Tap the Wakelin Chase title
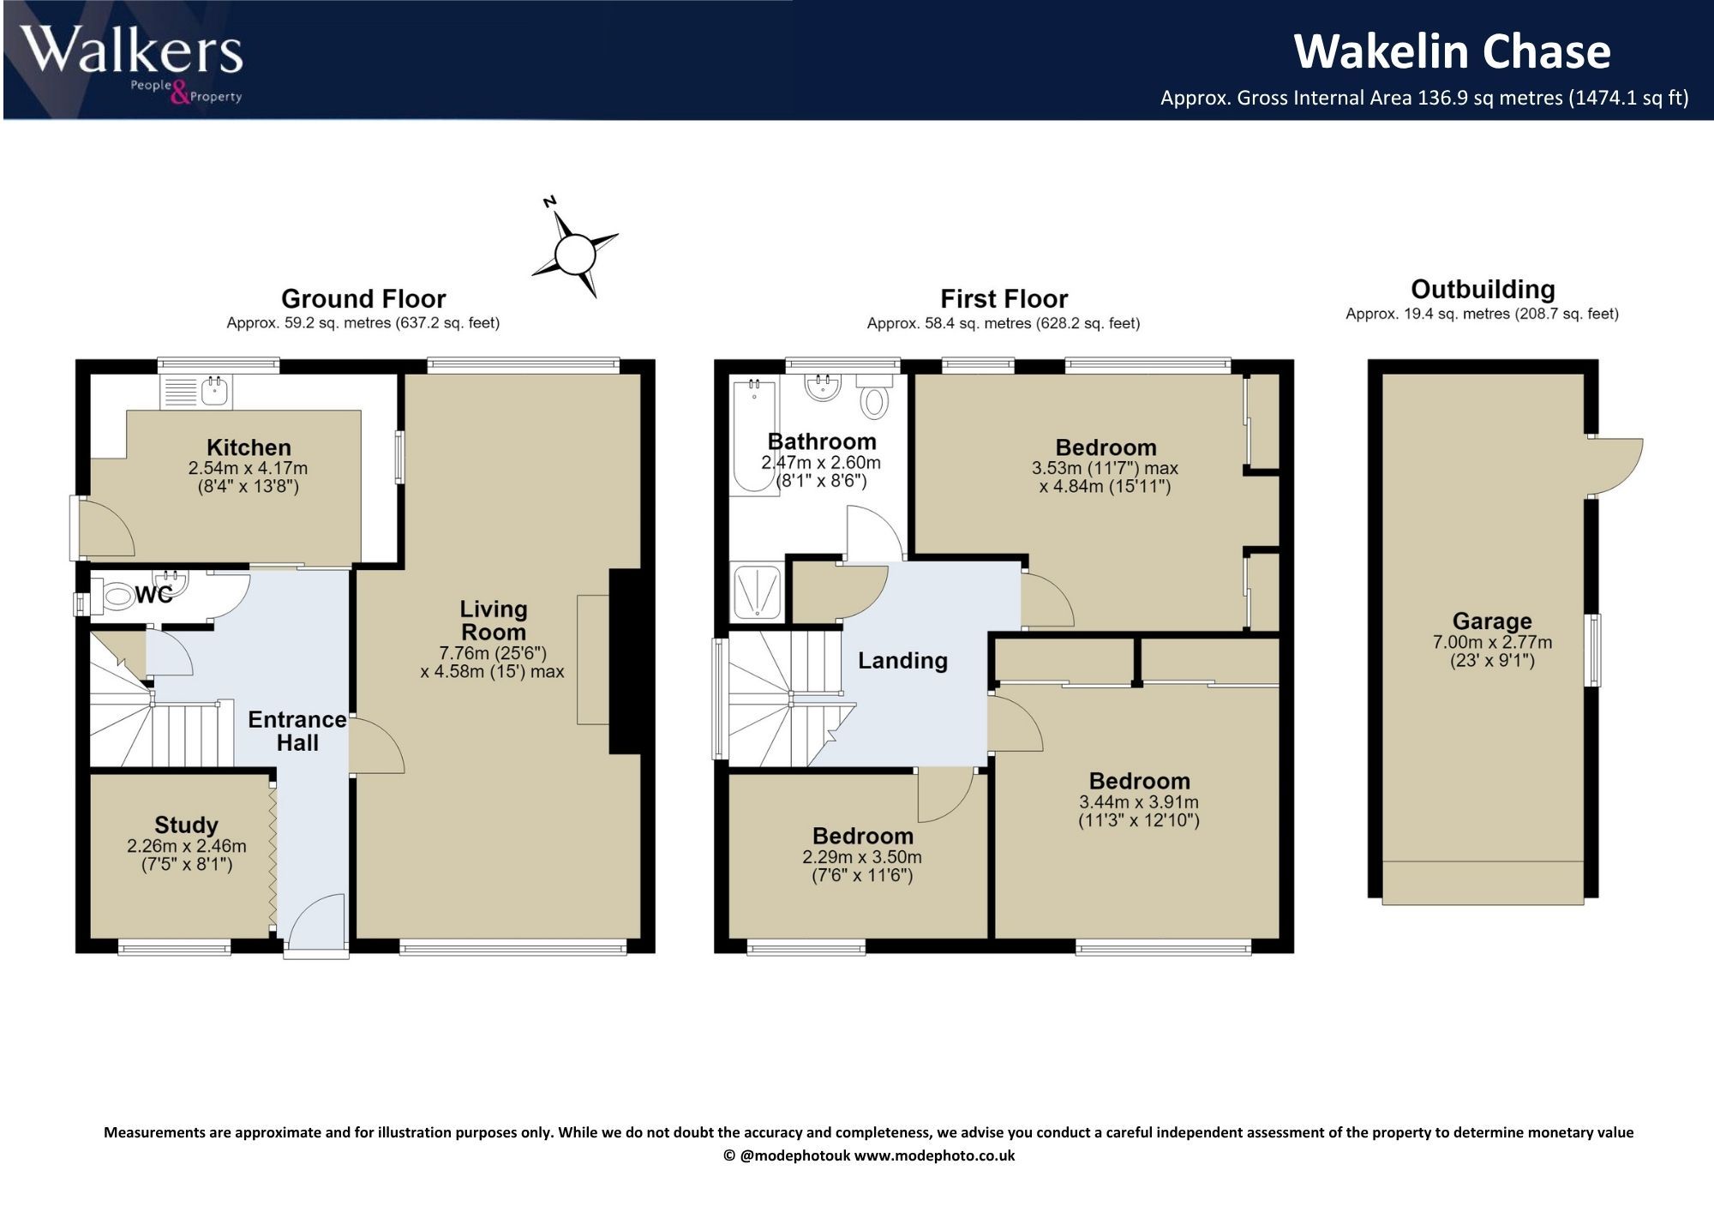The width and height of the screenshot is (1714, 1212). pyautogui.click(x=1452, y=51)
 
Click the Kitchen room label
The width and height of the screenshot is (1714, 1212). pyautogui.click(x=249, y=447)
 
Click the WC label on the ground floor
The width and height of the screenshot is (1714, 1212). pyautogui.click(x=154, y=594)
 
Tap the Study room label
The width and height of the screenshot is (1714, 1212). pyautogui.click(x=186, y=825)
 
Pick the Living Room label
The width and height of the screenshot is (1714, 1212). pyautogui.click(x=494, y=621)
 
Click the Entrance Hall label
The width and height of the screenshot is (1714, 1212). pyautogui.click(x=297, y=731)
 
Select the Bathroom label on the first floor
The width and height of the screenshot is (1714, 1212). pyautogui.click(x=822, y=441)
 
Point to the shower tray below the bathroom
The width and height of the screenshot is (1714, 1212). pyautogui.click(x=756, y=591)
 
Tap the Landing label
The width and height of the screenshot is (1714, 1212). pyautogui.click(x=902, y=660)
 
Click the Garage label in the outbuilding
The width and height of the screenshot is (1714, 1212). pyautogui.click(x=1492, y=621)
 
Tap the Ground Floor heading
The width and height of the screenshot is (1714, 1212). pyautogui.click(x=363, y=298)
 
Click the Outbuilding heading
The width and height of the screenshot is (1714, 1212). pyautogui.click(x=1483, y=289)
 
